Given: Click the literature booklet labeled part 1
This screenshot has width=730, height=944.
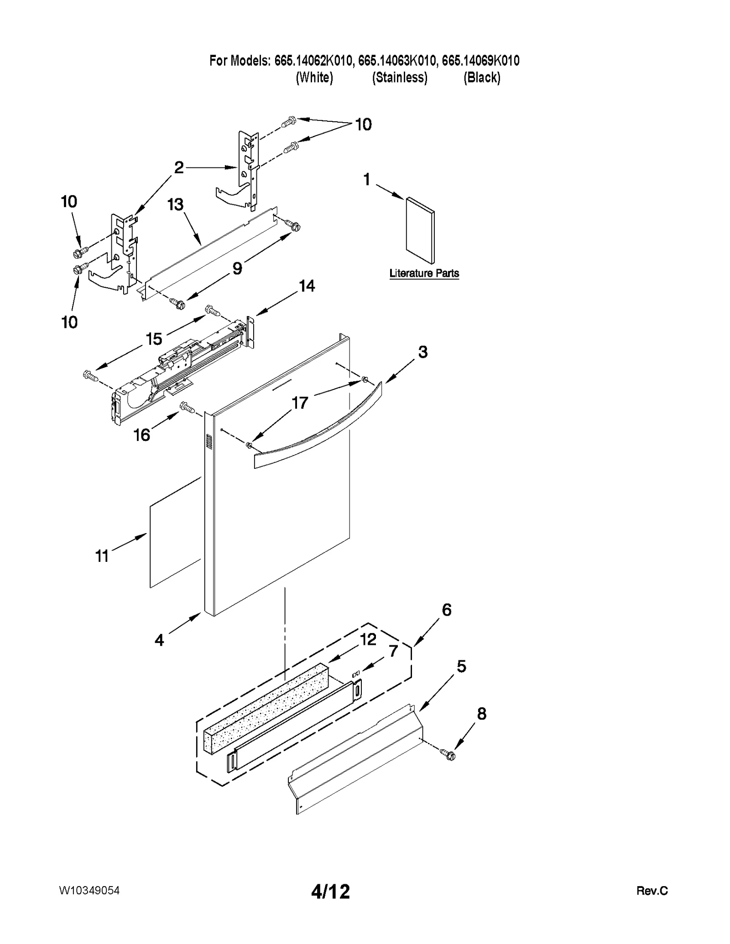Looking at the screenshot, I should click(420, 230).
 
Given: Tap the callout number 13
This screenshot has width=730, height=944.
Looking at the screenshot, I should click(176, 205).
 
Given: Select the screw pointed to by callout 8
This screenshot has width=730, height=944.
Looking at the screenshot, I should click(448, 755).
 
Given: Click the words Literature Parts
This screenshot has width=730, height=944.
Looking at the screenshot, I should click(424, 273).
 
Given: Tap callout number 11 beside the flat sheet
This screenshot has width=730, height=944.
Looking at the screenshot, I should click(102, 556).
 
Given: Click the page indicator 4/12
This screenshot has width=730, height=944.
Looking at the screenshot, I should click(330, 891).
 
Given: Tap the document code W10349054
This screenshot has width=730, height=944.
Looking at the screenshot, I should click(89, 891).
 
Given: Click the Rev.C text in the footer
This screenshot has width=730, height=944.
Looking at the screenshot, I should click(652, 891).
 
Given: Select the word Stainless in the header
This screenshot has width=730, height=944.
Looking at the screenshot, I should click(400, 78).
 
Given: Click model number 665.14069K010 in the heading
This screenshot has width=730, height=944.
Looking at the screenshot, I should click(480, 61).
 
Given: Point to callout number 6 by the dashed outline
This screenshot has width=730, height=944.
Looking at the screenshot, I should click(446, 610).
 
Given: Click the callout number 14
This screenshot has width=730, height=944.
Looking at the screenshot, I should click(307, 286).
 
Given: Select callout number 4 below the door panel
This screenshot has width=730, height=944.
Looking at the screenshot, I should click(159, 640).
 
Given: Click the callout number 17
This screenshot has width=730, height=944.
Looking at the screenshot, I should click(300, 403).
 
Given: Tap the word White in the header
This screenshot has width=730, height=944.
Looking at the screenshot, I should click(314, 78).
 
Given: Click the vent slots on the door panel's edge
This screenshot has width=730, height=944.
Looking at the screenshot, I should click(209, 441).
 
